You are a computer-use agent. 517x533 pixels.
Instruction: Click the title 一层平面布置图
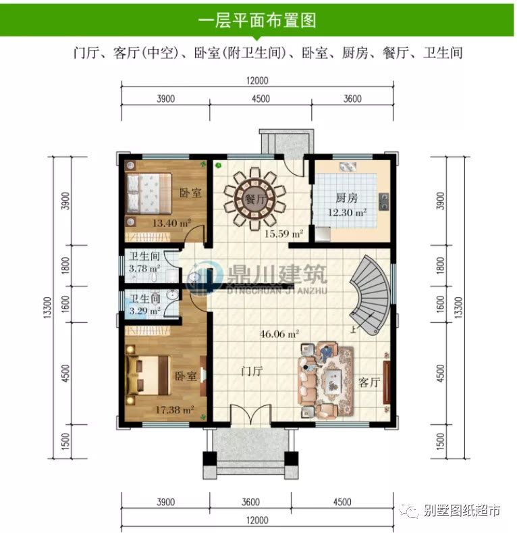(258, 20)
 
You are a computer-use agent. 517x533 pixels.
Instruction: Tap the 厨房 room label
(346, 199)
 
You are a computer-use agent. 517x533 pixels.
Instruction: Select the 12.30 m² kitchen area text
(348, 212)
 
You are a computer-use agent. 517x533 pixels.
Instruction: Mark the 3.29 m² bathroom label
(144, 311)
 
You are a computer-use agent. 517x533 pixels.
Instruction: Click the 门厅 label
(252, 371)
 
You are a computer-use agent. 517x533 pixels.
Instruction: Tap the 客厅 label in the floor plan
(369, 382)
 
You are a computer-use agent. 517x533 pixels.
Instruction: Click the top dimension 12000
(257, 80)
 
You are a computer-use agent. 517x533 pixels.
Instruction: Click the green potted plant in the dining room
(218, 164)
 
